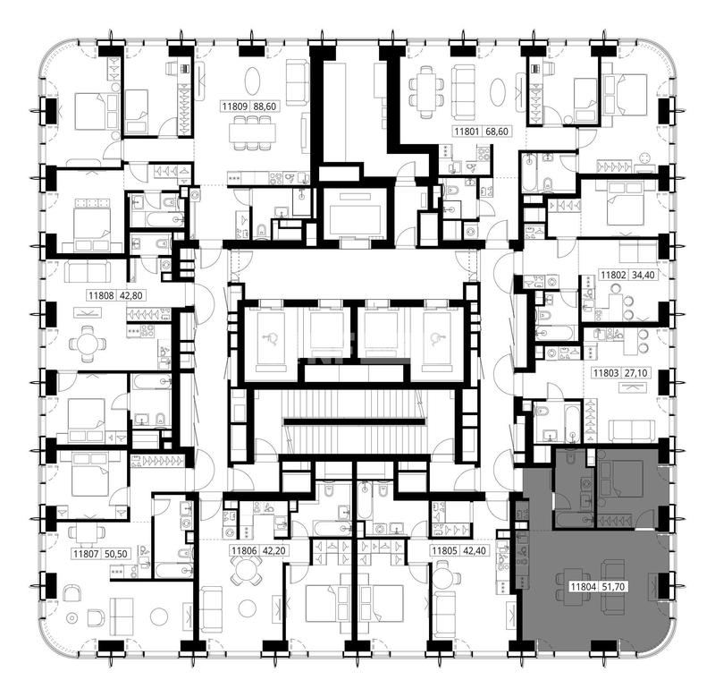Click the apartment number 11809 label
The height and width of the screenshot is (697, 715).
(235, 106)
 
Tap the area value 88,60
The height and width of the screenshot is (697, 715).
(265, 106)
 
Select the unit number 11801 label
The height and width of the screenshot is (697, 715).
(467, 132)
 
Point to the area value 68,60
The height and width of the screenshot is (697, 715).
(497, 132)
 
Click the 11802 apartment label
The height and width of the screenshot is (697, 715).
(613, 275)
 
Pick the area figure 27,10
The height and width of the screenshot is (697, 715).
(635, 373)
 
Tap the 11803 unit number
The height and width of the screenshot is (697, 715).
(606, 373)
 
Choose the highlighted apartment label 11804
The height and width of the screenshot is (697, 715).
(584, 587)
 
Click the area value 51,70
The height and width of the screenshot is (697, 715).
(613, 587)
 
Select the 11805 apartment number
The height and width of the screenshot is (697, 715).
(444, 551)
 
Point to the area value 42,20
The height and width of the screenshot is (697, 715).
(274, 551)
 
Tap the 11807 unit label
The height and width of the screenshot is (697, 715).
(86, 554)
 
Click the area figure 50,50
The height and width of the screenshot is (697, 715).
(116, 554)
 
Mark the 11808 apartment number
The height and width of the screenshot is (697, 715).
(101, 295)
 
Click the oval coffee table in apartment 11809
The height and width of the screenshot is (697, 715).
(253, 81)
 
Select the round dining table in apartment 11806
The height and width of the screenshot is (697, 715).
(245, 572)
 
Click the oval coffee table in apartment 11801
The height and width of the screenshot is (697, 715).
(499, 92)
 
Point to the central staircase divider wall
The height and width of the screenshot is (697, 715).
(354, 421)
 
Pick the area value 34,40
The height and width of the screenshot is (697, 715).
(643, 275)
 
